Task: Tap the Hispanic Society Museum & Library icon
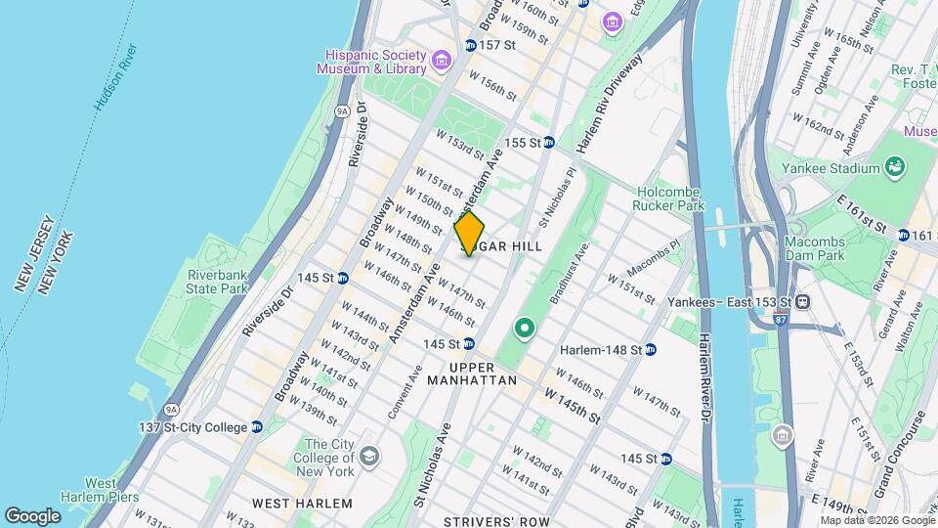tap(442, 63)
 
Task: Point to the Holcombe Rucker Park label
tap(670, 199)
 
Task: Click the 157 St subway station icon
tap(470, 45)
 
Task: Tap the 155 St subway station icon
tap(549, 143)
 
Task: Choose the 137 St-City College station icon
tap(257, 426)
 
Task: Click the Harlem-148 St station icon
tap(651, 349)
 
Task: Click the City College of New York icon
tap(369, 456)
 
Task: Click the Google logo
tap(33, 515)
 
